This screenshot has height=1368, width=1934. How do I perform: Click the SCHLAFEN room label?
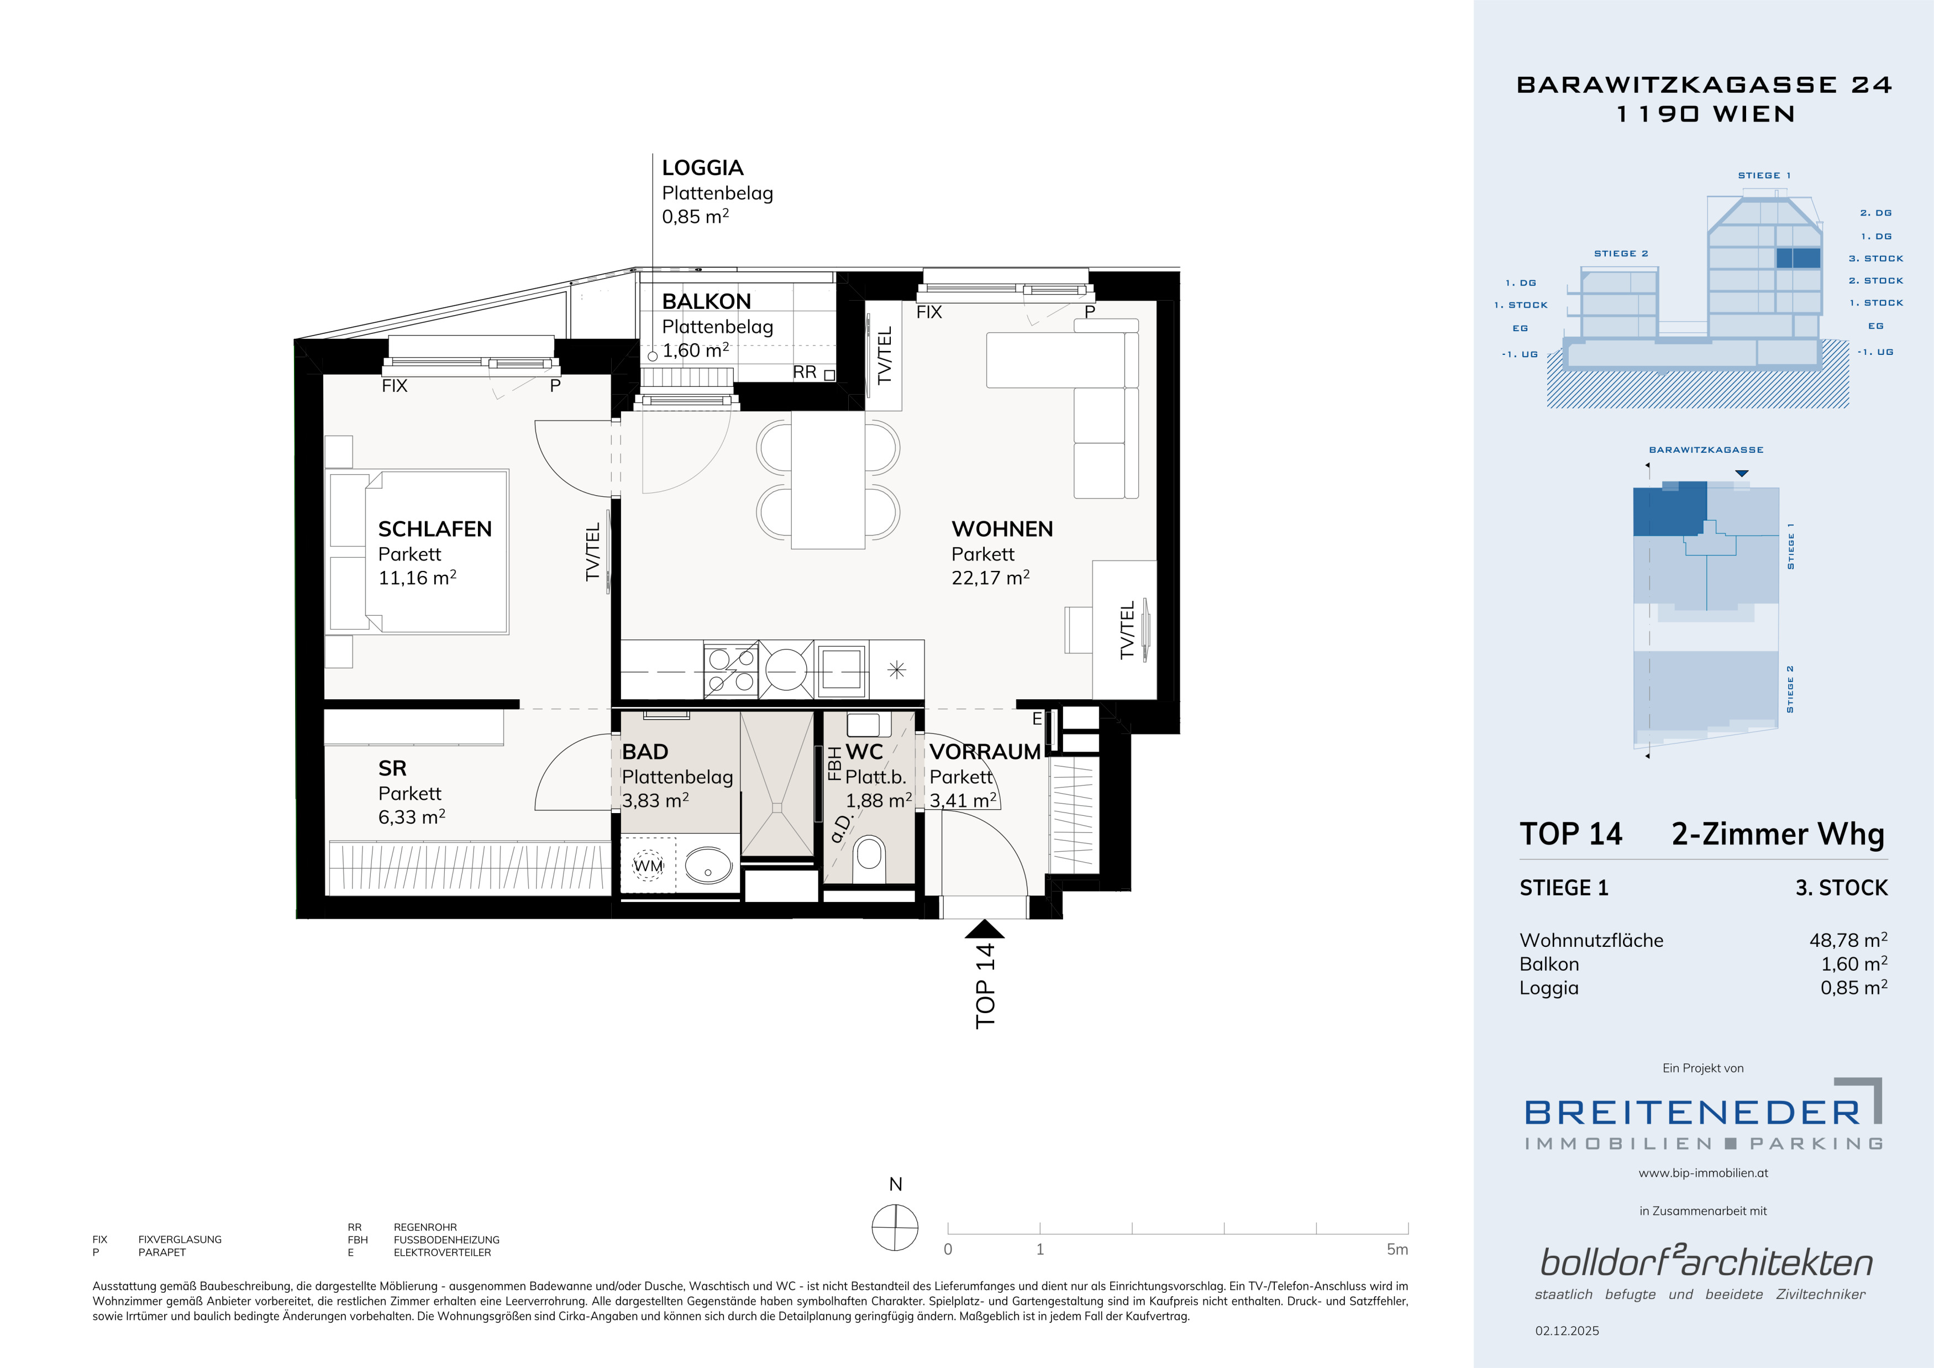click(x=435, y=529)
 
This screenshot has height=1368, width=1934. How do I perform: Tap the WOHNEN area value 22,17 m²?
click(x=991, y=578)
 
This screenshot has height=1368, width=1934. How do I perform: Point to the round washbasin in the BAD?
click(x=708, y=864)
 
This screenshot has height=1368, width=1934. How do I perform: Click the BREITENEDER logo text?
click(x=1692, y=1113)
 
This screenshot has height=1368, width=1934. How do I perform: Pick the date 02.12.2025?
click(x=1567, y=1331)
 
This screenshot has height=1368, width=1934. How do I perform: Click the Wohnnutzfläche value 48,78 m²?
click(x=1849, y=940)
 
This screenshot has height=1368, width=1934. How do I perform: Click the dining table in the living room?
click(x=828, y=480)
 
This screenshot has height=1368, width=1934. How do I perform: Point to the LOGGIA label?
click(x=702, y=169)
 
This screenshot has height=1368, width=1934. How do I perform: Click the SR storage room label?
click(x=392, y=768)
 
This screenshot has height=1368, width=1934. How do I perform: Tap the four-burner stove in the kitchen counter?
click(x=731, y=670)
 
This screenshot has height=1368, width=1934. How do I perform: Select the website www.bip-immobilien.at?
click(x=1703, y=1172)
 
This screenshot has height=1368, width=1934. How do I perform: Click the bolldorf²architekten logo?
click(x=1706, y=1262)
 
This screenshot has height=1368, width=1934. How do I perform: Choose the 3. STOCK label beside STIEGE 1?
click(x=1841, y=888)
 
